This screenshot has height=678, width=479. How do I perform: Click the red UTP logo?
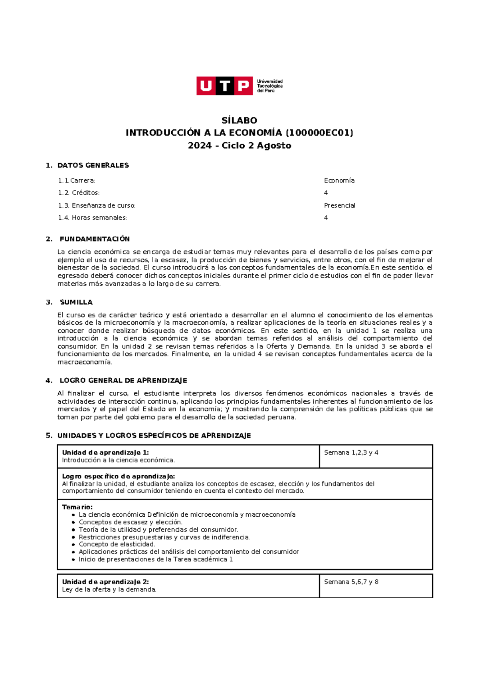point(224,86)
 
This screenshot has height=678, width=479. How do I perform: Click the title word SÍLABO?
point(239,120)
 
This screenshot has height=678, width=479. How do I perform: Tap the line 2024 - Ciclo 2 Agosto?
point(239,145)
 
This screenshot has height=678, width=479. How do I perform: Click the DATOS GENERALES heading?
point(93,165)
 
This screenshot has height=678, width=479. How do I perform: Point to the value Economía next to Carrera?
point(339,180)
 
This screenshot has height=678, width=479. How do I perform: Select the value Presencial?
point(339,205)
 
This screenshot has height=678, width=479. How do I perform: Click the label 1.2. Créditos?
point(79,193)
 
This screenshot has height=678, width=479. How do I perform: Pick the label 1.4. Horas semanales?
point(92,218)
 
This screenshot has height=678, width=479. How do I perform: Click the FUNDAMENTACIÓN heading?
point(95,239)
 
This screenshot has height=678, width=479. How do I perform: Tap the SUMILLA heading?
point(76,302)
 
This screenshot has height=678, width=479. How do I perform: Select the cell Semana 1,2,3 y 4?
point(351,452)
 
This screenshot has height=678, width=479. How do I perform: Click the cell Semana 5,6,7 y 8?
point(351,582)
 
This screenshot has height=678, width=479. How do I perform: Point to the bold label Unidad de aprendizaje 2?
point(105,582)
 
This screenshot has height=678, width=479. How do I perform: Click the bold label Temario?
point(77,507)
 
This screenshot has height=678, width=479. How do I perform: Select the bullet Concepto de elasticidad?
point(117,544)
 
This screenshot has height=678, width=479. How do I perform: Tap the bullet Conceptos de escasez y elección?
point(130,522)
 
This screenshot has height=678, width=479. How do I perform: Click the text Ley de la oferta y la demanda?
point(109,589)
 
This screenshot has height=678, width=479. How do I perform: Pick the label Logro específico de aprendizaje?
point(118,476)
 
